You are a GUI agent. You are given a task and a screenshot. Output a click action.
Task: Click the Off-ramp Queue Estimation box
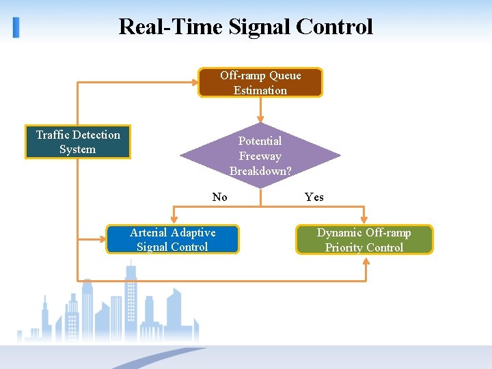point(260,82)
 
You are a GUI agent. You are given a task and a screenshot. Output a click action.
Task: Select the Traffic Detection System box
point(77,142)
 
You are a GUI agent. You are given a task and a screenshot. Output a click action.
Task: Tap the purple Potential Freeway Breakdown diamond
point(260,156)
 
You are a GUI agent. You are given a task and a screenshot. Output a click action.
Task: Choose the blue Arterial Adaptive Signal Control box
point(172,239)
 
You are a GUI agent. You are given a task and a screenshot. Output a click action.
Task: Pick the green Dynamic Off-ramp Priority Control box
point(364,240)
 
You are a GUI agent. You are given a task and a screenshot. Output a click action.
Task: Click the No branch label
point(219,197)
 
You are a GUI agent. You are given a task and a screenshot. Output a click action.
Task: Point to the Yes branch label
point(314,197)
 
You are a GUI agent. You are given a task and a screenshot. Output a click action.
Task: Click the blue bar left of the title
point(16,27)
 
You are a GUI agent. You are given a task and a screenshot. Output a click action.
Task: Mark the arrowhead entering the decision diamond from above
point(260,118)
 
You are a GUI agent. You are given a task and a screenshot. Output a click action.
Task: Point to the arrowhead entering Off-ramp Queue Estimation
point(193,82)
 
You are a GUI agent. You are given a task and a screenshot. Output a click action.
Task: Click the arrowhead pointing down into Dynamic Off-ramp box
point(364,220)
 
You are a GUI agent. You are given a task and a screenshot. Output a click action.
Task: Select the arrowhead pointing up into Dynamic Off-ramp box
point(364,260)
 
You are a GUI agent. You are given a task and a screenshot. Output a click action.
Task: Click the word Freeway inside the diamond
point(260,156)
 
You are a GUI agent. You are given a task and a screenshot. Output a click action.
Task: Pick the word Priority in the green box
point(344,247)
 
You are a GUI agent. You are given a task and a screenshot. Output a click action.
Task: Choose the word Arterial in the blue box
point(149,232)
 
